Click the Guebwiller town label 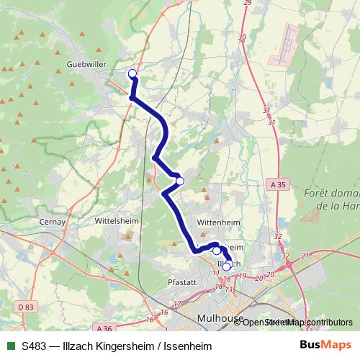pos(86,64)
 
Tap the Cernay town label pos(54,222)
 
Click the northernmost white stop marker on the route pos(132,73)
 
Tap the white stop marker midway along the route pos(180,181)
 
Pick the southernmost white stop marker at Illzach pos(227,266)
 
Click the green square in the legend pos(10,345)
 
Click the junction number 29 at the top pos(247,3)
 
